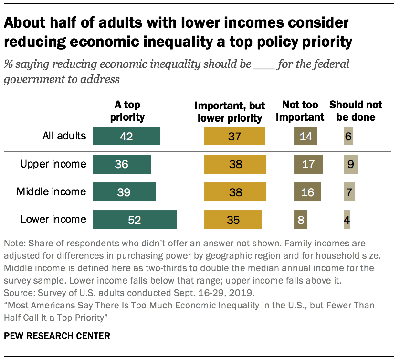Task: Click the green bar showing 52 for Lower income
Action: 135,220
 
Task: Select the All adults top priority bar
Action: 126,137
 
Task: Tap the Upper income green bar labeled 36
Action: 122,164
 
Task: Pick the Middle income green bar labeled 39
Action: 124,192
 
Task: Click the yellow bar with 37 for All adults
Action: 234,137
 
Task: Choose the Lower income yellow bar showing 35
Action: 233,220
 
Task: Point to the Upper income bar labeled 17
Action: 308,164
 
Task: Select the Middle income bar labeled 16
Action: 307,192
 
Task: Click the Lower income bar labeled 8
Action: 301,220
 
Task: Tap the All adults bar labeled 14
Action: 305,137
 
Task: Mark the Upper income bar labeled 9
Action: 350,164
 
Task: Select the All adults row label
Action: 63,136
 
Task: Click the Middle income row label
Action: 51,192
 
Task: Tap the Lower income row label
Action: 53,220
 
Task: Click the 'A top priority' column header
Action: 127,111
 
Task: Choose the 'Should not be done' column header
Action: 352,111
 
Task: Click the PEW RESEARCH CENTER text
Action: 57,336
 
